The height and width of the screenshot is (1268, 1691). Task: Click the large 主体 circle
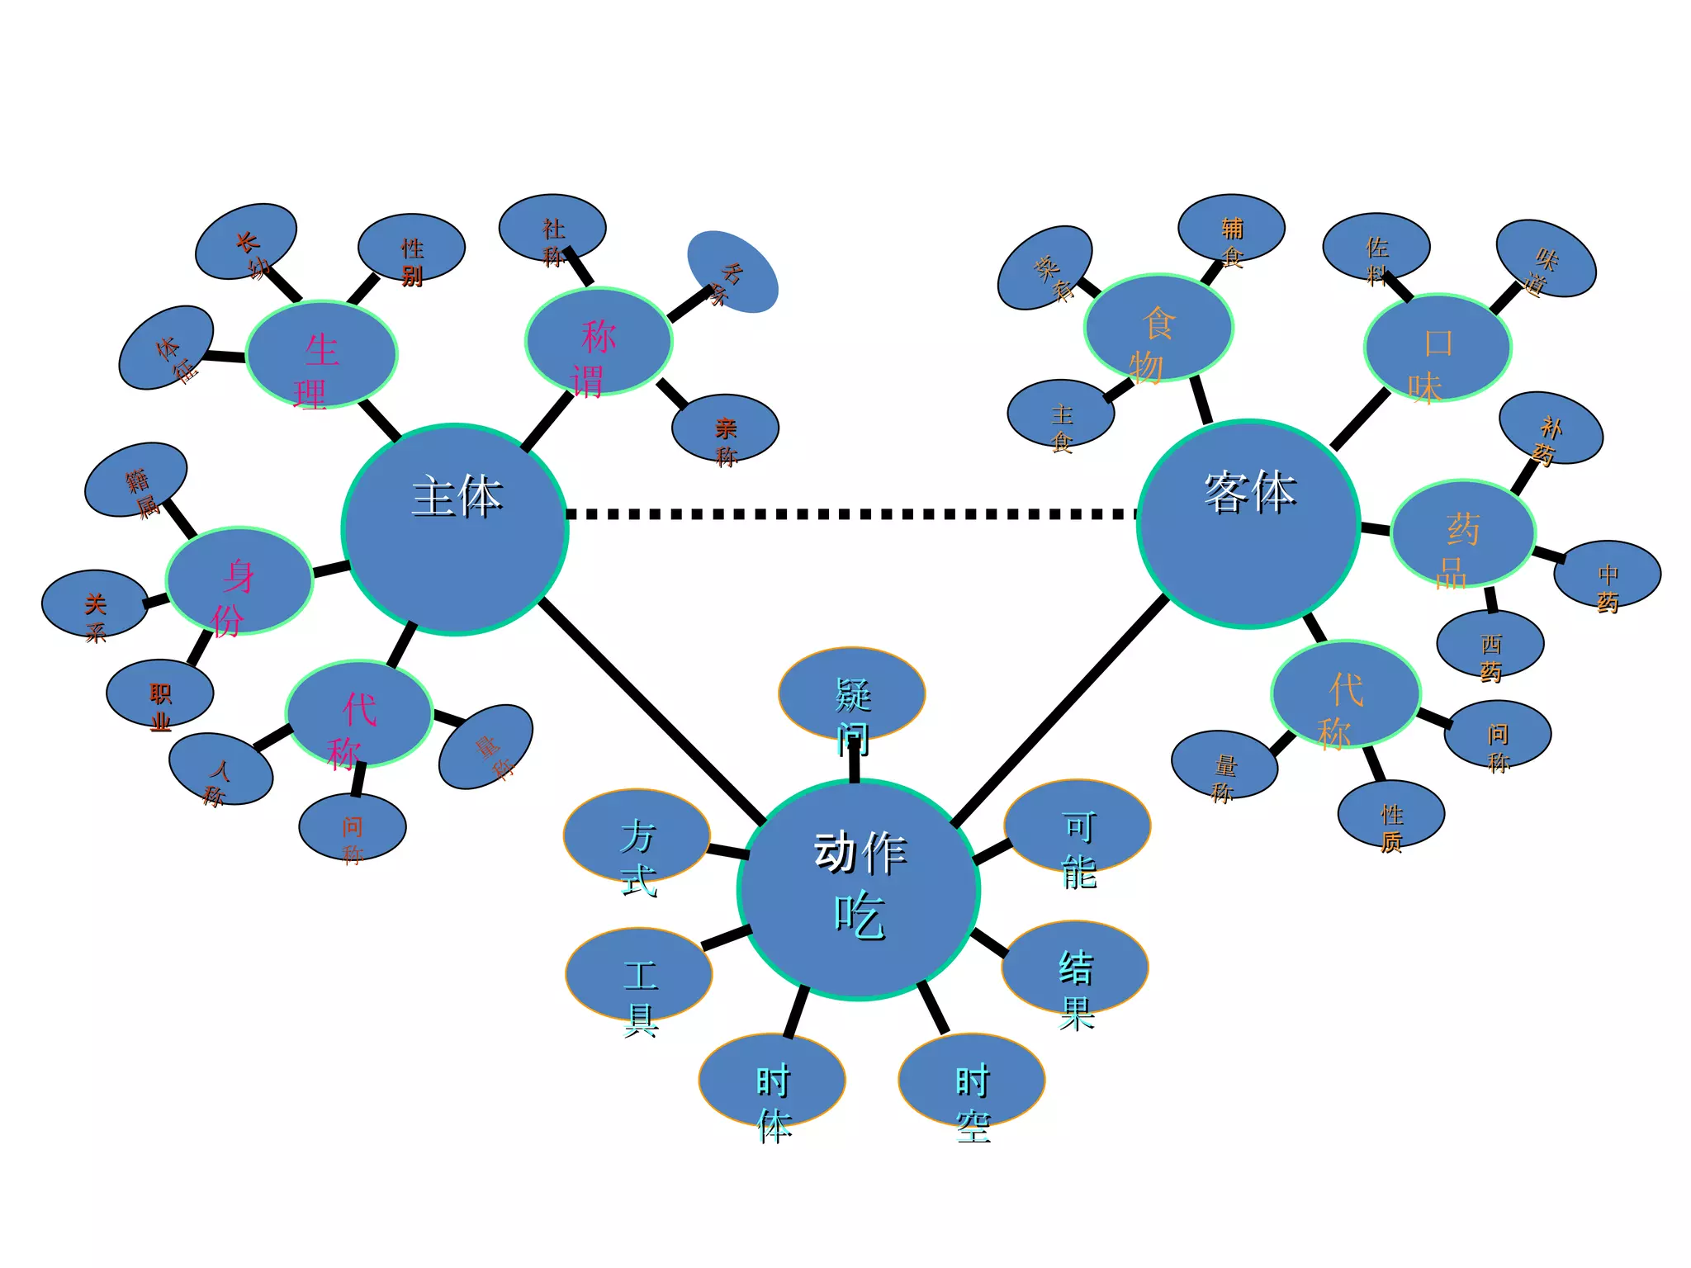455,529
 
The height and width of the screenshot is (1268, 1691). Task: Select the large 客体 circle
1248,523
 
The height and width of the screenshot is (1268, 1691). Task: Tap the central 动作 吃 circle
859,889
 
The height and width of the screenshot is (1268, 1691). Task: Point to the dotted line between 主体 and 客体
850,514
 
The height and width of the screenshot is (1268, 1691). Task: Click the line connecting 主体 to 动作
652,712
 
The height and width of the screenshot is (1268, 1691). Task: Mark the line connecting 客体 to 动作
1061,710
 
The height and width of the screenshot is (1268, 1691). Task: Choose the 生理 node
322,354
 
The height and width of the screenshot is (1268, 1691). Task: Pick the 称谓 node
599,341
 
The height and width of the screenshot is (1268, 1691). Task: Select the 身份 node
239,580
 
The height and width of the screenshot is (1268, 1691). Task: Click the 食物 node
1158,328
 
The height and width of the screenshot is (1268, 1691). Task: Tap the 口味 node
1438,348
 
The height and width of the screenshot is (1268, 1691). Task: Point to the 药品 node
1462,533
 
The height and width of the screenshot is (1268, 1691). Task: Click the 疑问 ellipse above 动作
851,693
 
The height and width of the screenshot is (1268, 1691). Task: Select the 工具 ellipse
639,974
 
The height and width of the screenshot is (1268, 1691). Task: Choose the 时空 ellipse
972,1080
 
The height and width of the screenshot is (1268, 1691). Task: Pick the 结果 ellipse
1075,967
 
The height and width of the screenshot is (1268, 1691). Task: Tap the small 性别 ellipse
411,248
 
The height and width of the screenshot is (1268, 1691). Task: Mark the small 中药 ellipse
1607,574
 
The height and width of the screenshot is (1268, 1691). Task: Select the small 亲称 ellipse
725,428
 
